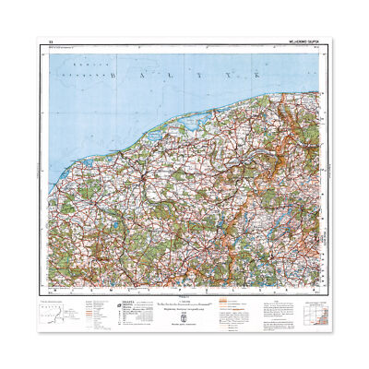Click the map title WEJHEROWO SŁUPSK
click(x=298, y=42)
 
